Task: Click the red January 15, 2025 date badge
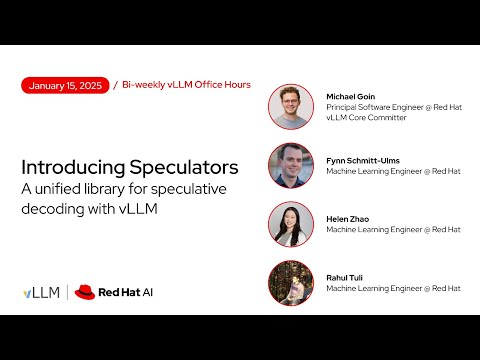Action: (x=66, y=85)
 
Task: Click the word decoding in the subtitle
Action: (x=51, y=210)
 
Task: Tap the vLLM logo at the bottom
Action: (x=41, y=293)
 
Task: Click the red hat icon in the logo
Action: (x=85, y=293)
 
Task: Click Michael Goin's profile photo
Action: (x=291, y=107)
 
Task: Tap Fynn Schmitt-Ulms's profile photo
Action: (x=291, y=166)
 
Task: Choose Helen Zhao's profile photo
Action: (x=291, y=224)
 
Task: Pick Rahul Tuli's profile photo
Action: (x=291, y=283)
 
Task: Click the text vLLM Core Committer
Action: (x=366, y=118)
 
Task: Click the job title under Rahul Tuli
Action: (x=393, y=288)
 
